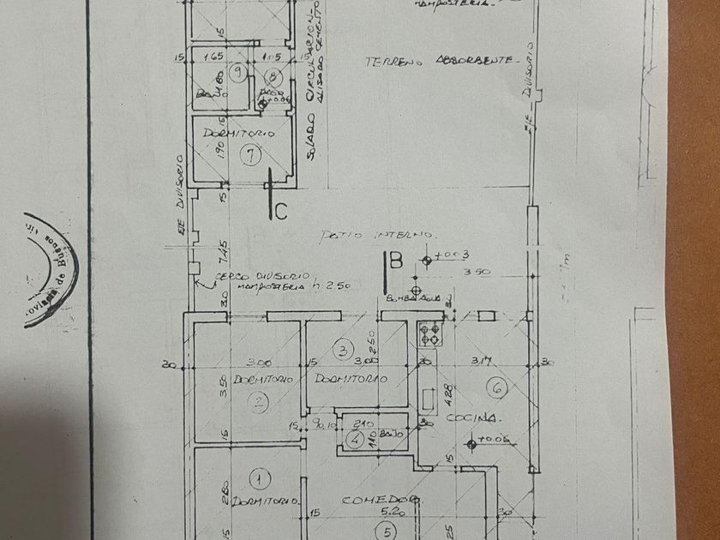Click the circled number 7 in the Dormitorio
coord(250,156)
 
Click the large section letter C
coord(280,212)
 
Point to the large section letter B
coord(395,261)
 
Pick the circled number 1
coord(257,477)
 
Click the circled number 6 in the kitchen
coord(500,388)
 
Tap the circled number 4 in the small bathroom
coord(355,440)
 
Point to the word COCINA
coord(471,417)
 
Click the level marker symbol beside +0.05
coord(470,443)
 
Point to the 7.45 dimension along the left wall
coord(222,255)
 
